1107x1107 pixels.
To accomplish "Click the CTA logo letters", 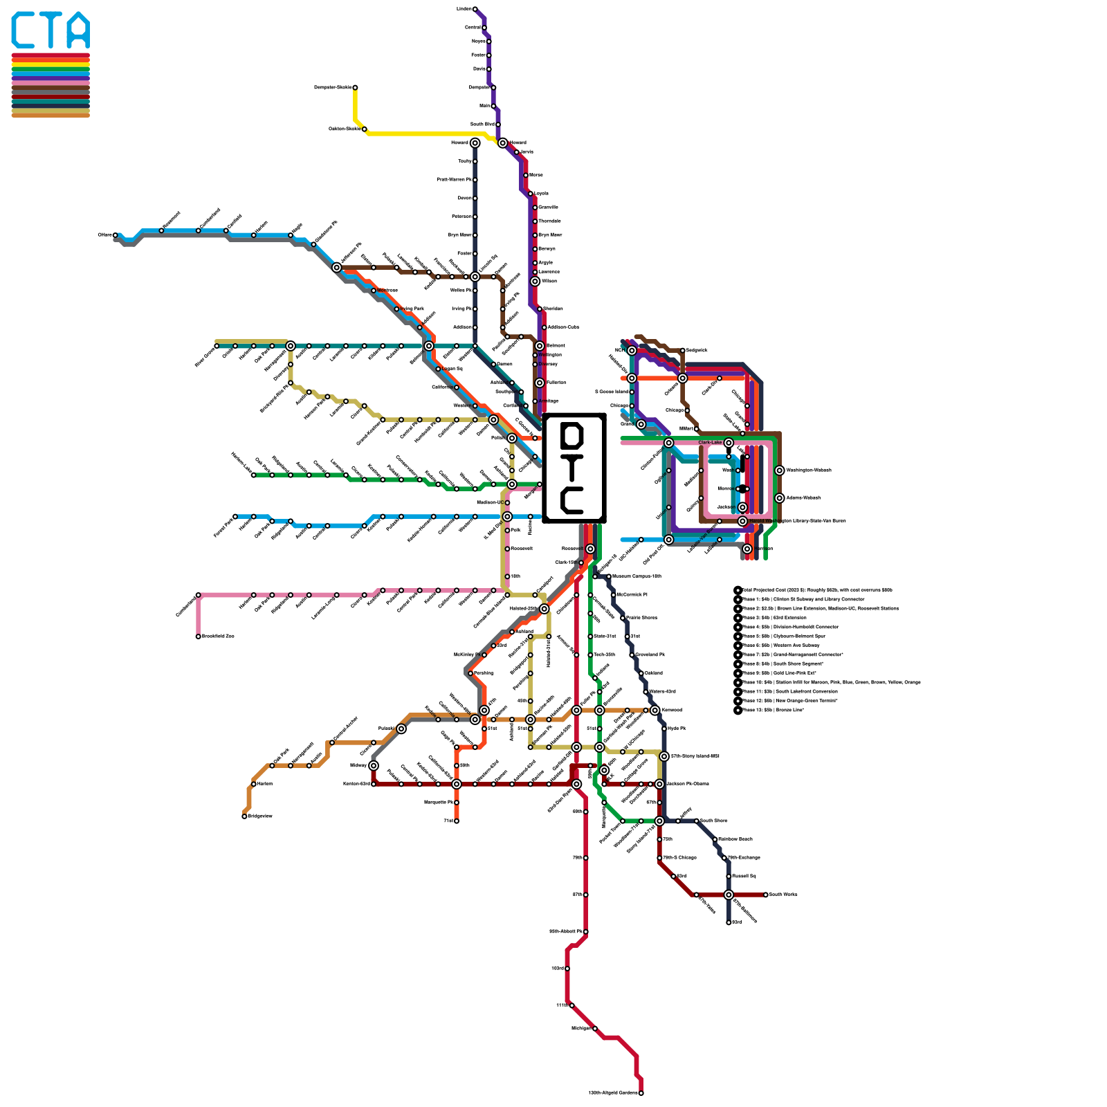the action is click(x=51, y=30).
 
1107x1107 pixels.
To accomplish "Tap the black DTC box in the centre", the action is click(x=574, y=468).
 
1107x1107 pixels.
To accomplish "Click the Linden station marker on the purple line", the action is click(x=475, y=9).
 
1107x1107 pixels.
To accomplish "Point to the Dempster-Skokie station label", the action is click(x=333, y=88).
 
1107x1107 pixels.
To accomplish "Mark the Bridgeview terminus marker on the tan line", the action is click(x=244, y=816).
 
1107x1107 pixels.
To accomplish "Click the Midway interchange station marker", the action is click(x=374, y=765).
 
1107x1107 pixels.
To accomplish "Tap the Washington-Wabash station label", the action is click(x=809, y=470).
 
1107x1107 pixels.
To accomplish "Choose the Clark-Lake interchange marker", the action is click(x=729, y=443).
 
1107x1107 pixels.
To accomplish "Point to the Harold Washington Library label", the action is click(x=797, y=521).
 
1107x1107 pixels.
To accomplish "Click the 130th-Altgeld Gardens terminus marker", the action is click(x=641, y=1093).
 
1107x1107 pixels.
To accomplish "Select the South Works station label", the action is click(x=783, y=895).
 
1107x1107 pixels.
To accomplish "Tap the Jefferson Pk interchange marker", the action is click(x=337, y=268).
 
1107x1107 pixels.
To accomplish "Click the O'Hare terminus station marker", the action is click(x=116, y=235).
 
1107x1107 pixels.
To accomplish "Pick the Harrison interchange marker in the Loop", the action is click(x=747, y=549).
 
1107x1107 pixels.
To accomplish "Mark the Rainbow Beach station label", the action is click(x=735, y=839).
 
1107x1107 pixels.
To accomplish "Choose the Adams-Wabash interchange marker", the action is click(x=780, y=498).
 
